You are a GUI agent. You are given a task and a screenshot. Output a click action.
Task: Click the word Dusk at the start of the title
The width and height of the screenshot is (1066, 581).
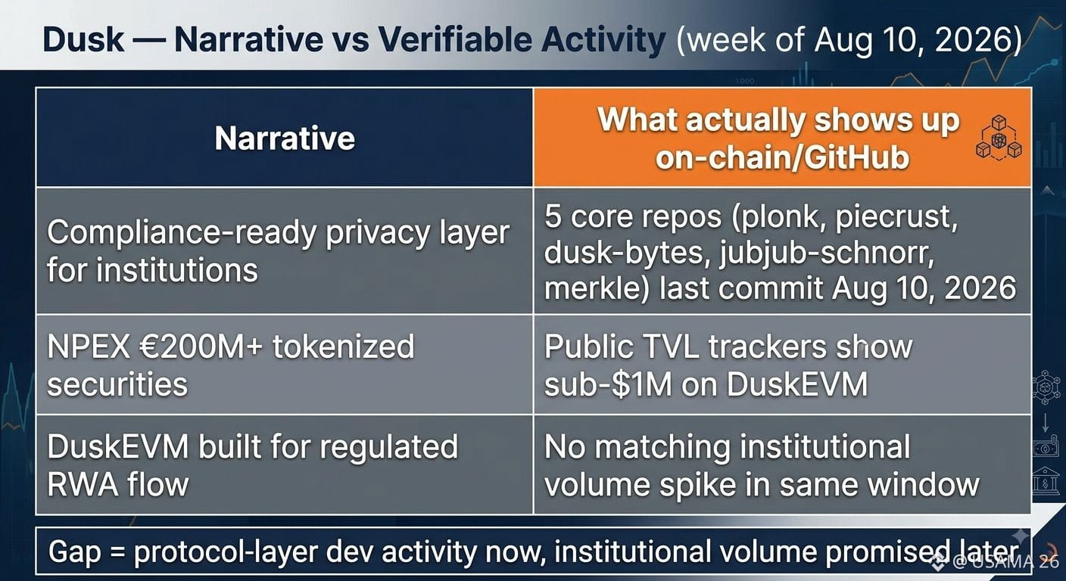point(83,39)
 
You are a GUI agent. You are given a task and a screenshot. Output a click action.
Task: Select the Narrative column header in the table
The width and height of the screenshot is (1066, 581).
point(285,138)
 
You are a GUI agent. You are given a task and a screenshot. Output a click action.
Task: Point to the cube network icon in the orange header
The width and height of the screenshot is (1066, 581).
point(999,138)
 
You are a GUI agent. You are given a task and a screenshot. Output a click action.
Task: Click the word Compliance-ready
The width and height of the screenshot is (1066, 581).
point(181,235)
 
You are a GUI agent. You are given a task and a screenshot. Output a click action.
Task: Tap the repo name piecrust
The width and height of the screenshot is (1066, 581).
point(896,218)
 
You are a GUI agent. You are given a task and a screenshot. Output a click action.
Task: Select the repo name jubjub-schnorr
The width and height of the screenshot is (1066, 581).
point(826,253)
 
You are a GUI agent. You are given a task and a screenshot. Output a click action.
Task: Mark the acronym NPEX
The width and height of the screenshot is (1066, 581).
point(89,346)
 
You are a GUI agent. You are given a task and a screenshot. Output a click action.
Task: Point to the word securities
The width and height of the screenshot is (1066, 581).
point(117,384)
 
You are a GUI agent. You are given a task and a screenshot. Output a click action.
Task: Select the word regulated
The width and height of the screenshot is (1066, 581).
point(389,448)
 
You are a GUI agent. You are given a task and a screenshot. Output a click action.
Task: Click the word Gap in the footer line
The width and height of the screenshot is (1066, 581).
point(75,552)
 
